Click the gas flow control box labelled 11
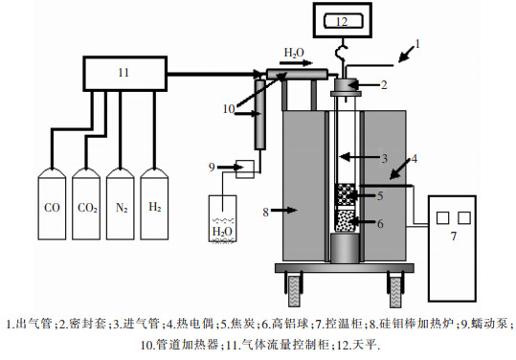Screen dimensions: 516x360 [x=125, y=74]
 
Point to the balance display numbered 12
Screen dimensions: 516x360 [x=343, y=20]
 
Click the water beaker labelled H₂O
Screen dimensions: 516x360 [x=223, y=219]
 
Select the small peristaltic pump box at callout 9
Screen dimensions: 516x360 [x=245, y=169]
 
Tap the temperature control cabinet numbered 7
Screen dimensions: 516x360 [x=452, y=248]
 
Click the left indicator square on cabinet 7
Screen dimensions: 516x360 [x=442, y=218]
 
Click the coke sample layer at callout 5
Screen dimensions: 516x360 [x=346, y=194]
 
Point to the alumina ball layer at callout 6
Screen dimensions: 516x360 [x=346, y=221]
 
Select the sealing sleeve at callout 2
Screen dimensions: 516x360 [x=346, y=85]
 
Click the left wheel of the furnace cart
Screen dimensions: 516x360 [x=295, y=291]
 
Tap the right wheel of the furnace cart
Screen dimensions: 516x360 [x=395, y=292]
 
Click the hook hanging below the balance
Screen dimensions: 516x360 [x=341, y=52]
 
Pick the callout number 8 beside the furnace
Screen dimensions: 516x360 [x=266, y=213]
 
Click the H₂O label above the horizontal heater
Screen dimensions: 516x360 [x=294, y=53]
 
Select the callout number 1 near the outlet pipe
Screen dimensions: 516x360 [x=417, y=44]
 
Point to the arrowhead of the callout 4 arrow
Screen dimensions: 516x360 [x=391, y=178]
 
